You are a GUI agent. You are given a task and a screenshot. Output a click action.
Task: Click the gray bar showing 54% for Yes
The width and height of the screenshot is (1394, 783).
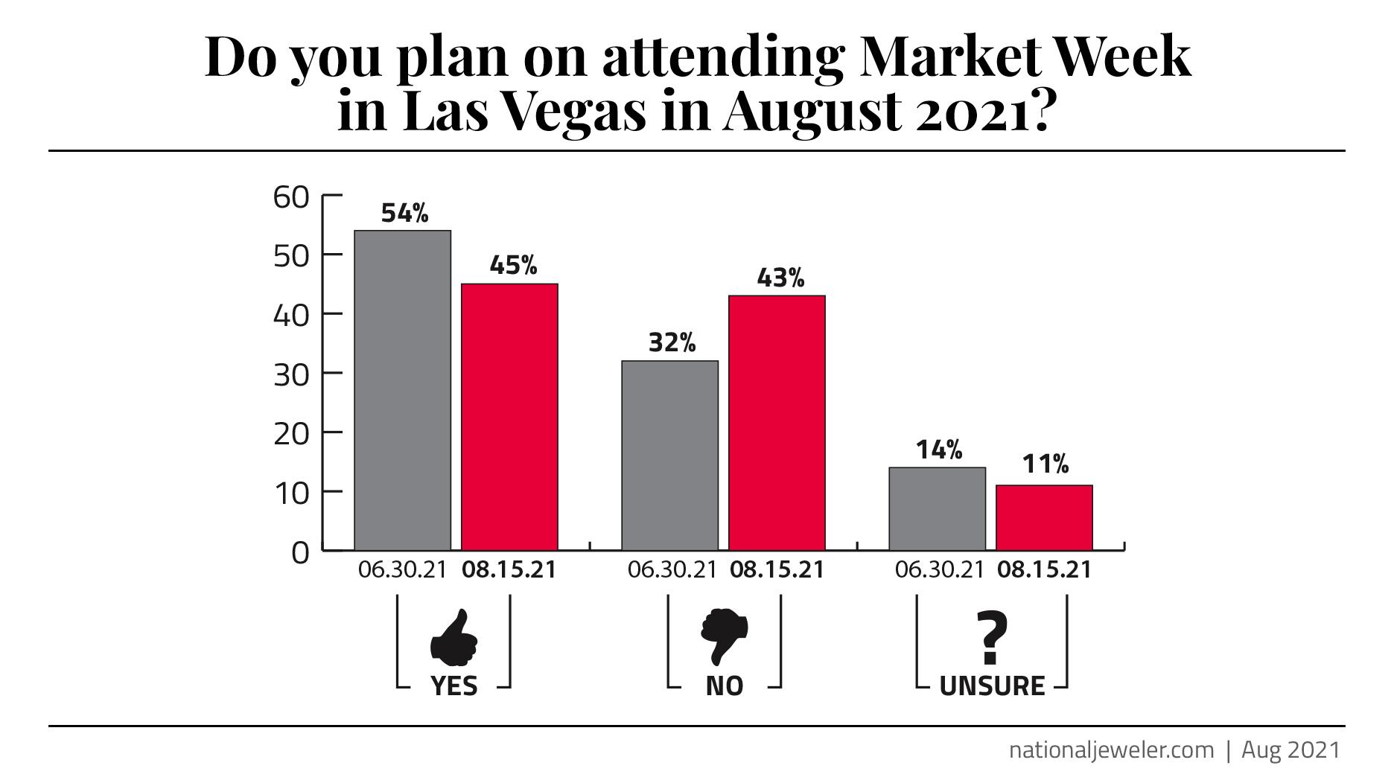[x=402, y=391]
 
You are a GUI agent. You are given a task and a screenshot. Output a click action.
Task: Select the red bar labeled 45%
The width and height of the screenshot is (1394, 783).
[x=509, y=417]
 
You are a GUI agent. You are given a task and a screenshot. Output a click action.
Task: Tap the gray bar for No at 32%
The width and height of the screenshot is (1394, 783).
[x=669, y=456]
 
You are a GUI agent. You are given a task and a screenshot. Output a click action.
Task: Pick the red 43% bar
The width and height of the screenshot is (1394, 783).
[x=777, y=423]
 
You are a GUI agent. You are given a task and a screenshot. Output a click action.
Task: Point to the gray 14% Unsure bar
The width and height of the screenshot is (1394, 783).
[x=937, y=509]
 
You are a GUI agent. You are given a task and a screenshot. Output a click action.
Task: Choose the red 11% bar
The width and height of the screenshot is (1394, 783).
[x=1044, y=518]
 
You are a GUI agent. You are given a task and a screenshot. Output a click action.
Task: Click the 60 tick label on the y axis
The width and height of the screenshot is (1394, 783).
[x=291, y=198]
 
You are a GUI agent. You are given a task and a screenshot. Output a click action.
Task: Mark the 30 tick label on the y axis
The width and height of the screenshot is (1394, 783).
[x=291, y=374]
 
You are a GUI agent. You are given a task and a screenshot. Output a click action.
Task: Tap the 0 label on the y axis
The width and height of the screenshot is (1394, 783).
[x=300, y=554]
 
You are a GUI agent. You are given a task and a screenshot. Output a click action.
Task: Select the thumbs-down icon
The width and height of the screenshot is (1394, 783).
[x=724, y=637]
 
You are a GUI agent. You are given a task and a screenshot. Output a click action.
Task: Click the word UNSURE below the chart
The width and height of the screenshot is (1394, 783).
[x=992, y=685]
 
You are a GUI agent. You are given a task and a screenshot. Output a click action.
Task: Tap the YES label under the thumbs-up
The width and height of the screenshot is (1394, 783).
[x=454, y=685]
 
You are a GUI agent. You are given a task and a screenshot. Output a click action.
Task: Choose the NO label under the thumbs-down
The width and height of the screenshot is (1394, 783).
[x=725, y=685]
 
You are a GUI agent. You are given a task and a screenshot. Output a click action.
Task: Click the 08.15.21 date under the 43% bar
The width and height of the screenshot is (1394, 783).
[x=777, y=570]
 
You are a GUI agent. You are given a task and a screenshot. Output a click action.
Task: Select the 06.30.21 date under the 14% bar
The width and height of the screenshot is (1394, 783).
[x=939, y=570]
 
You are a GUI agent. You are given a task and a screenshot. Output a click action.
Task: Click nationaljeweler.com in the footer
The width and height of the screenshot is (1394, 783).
[x=1111, y=750]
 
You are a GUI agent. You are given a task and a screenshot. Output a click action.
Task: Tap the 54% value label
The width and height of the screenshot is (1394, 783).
[x=404, y=214]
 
